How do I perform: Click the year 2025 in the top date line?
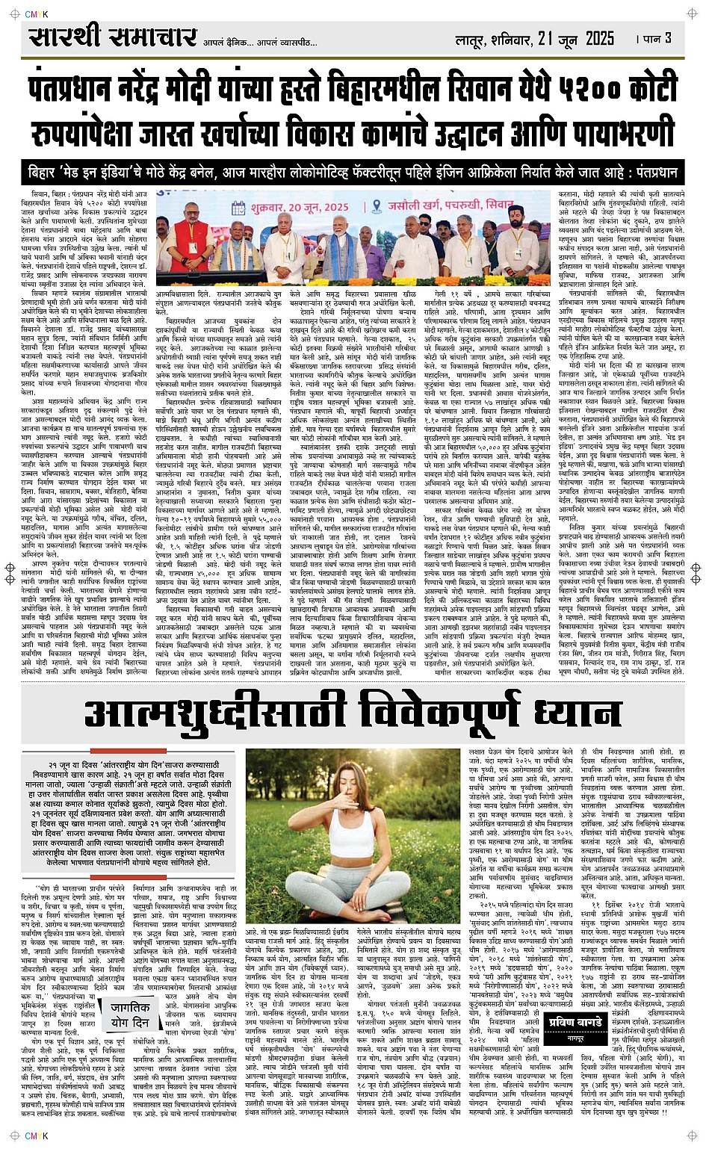[x=600, y=39]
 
